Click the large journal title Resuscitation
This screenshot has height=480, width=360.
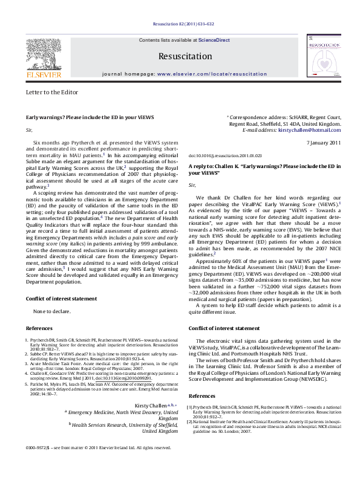click(x=180, y=56)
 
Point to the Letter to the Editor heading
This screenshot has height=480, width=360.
click(x=52, y=92)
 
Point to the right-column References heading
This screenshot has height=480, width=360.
click(x=202, y=378)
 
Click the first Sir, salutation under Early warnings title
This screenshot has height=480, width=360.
click(x=29, y=130)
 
